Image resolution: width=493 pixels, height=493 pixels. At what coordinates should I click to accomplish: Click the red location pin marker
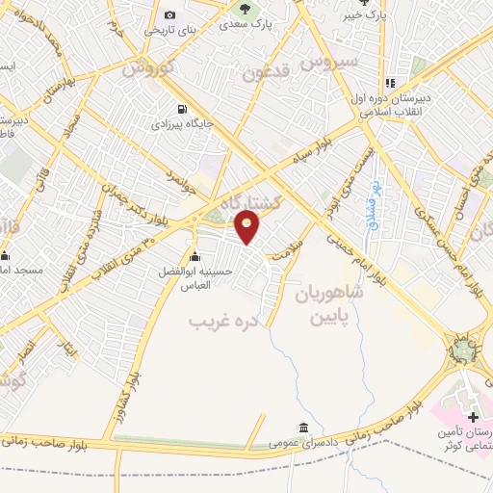coord(249,227)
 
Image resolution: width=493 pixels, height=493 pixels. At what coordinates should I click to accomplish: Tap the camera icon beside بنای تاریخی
coord(170,14)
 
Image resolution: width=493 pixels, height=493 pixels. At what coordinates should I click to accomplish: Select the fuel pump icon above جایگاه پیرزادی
coord(179,109)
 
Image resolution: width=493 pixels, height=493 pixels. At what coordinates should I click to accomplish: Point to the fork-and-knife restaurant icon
coord(391,84)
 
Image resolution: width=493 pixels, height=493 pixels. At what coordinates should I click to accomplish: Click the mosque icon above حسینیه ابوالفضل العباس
coord(195,256)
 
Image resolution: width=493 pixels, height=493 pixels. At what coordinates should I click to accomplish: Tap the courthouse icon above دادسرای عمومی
coord(304,428)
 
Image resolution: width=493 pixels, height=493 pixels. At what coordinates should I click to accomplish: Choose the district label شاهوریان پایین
coord(324,302)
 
